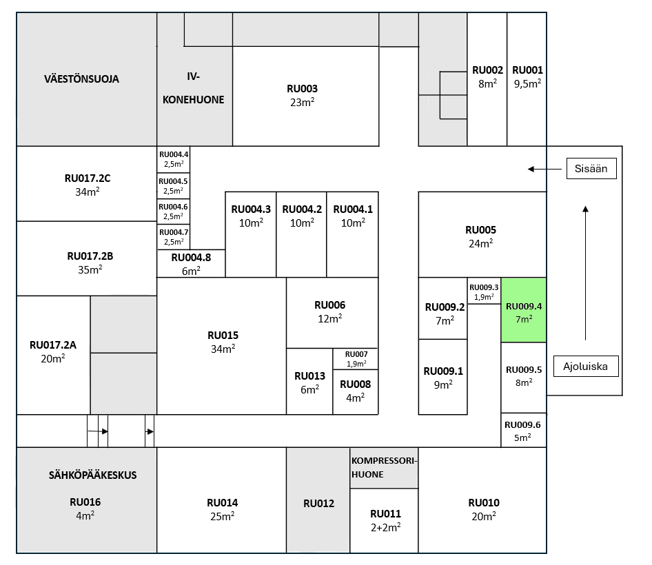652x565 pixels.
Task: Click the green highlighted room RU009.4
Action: pyautogui.click(x=524, y=310)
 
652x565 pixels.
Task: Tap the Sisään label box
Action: pyautogui.click(x=591, y=168)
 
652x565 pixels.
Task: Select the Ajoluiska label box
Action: pyautogui.click(x=585, y=367)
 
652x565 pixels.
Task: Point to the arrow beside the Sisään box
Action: pyautogui.click(x=544, y=169)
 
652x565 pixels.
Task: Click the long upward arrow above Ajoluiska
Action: pyautogui.click(x=585, y=273)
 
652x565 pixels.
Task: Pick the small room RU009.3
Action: pyautogui.click(x=484, y=291)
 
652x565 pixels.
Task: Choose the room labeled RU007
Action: pyautogui.click(x=356, y=359)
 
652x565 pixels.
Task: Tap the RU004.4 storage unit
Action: pyautogui.click(x=174, y=159)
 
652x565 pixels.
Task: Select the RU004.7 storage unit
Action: pyautogui.click(x=174, y=237)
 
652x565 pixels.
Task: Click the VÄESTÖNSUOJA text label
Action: pyautogui.click(x=81, y=79)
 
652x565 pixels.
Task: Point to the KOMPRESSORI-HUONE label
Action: pyautogui.click(x=384, y=467)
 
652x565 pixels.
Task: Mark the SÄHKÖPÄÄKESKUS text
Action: pyautogui.click(x=93, y=475)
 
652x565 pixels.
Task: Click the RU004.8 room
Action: pyautogui.click(x=191, y=264)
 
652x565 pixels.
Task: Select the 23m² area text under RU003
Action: pyautogui.click(x=303, y=102)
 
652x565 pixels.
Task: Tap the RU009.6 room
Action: pyautogui.click(x=524, y=431)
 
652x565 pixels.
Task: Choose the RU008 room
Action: pyautogui.click(x=356, y=391)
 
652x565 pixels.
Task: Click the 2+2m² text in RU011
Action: pyautogui.click(x=386, y=527)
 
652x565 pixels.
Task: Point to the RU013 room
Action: pyautogui.click(x=309, y=381)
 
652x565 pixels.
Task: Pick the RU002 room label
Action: pyautogui.click(x=487, y=70)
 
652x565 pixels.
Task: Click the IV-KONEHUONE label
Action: pyautogui.click(x=194, y=88)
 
